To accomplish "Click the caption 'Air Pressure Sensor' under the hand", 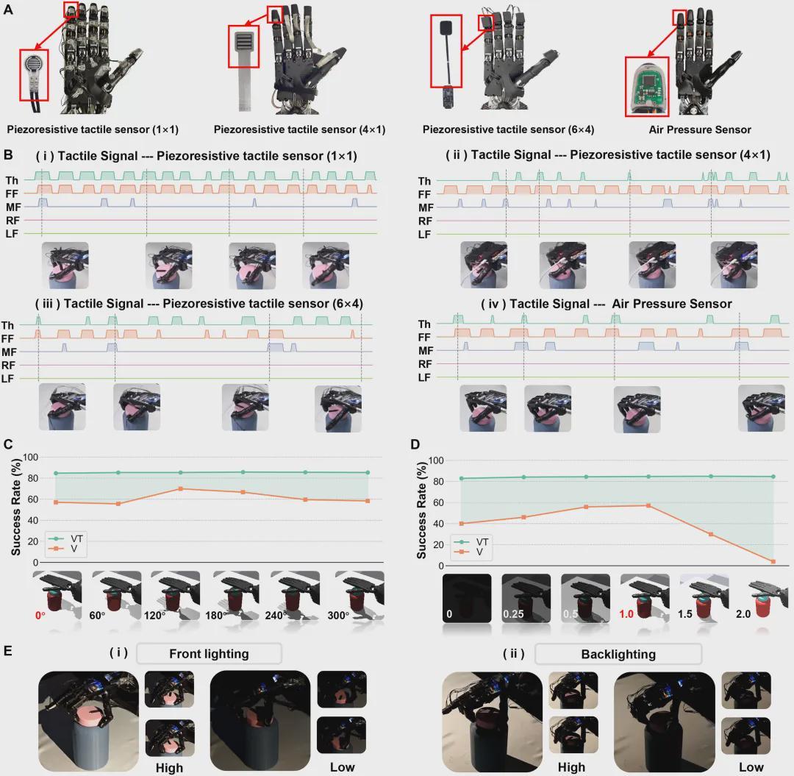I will (x=699, y=129).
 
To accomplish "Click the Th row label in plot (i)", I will (x=12, y=180).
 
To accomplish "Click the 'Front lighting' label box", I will (x=209, y=653).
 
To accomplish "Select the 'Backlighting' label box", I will (x=618, y=654).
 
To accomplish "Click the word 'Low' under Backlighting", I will (x=751, y=766).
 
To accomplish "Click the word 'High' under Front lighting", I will (x=169, y=767).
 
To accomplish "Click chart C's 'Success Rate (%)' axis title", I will (x=15, y=508).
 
